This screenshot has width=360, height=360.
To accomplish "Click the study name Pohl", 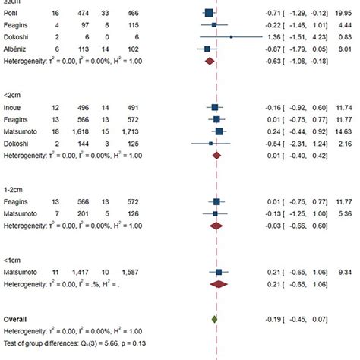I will [13, 13].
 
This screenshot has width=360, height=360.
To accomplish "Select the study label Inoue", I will [14, 107].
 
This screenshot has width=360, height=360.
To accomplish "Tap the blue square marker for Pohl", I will [209, 13].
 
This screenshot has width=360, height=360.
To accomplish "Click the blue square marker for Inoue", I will [216, 108].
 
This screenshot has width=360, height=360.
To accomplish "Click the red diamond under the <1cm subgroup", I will [219, 284].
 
